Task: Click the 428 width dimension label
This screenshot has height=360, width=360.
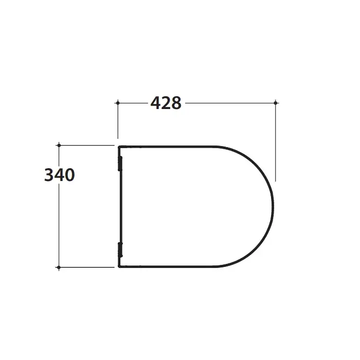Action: coord(166,103)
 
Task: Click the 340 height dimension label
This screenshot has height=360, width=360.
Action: coord(60,175)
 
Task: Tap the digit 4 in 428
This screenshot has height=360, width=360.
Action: coord(155,103)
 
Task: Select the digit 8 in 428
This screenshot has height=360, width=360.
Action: coord(176,103)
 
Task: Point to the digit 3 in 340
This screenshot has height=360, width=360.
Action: coord(49,175)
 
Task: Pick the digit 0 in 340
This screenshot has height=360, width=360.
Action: coord(70,175)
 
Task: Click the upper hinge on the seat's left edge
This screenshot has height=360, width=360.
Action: coord(120,164)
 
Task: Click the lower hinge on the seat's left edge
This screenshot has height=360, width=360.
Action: coord(120,250)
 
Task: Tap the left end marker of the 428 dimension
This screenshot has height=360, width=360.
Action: coord(118,103)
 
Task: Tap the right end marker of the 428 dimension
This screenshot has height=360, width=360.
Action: coord(276,103)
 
